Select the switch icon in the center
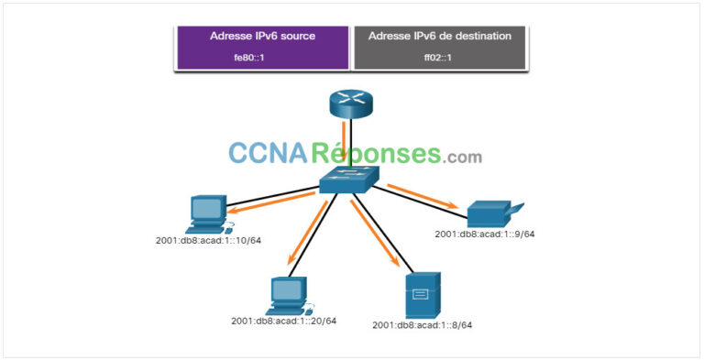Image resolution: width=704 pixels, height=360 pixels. pyautogui.click(x=345, y=180)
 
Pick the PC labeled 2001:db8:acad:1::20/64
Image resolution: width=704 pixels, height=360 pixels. pyautogui.click(x=289, y=293)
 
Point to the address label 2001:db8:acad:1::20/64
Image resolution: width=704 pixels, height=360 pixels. pyautogui.click(x=284, y=321)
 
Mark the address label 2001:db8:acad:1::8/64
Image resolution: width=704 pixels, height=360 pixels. pyautogui.click(x=423, y=324)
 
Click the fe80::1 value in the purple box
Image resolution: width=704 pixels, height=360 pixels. pyautogui.click(x=261, y=56)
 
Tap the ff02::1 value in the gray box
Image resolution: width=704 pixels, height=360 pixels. pyautogui.click(x=439, y=56)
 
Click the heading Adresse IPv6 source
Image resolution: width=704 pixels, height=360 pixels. pyautogui.click(x=261, y=36)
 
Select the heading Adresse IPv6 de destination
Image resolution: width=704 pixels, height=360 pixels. pyautogui.click(x=439, y=36)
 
